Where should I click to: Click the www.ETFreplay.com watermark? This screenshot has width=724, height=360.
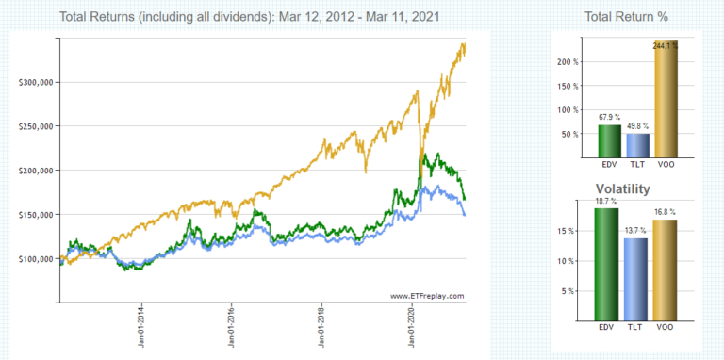click(427, 296)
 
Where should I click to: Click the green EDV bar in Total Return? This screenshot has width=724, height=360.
click(608, 141)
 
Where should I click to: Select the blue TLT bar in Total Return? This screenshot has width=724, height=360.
click(637, 146)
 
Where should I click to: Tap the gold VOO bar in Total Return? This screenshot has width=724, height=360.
click(666, 100)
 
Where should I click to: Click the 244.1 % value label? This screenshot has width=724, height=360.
click(666, 44)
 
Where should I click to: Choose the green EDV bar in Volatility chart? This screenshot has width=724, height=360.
click(608, 265)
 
